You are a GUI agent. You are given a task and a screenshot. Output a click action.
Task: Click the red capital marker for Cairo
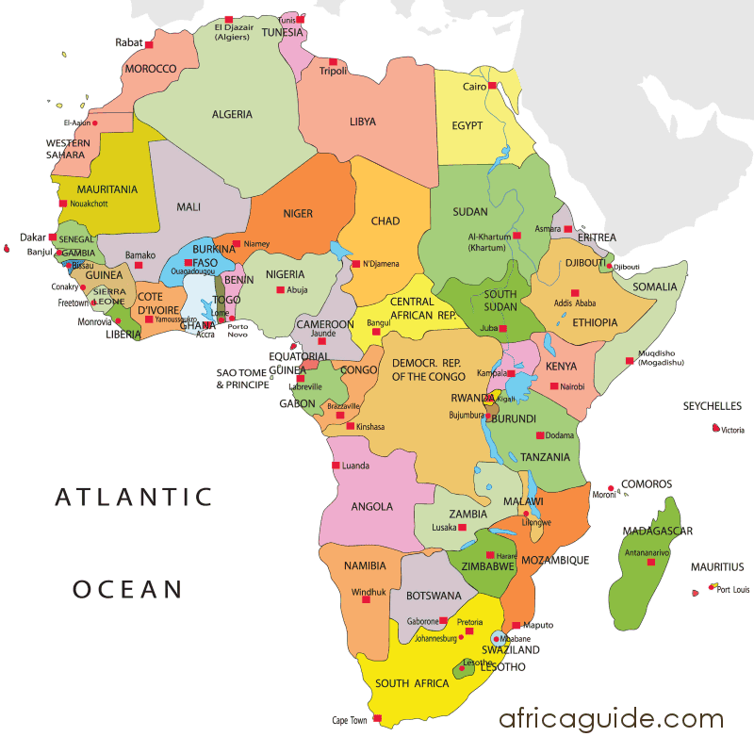[492, 86]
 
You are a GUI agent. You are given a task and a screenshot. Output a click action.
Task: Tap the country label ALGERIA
[232, 114]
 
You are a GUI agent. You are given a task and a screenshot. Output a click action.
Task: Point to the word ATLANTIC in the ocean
[134, 497]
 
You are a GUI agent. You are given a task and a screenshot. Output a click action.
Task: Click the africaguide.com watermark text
[612, 719]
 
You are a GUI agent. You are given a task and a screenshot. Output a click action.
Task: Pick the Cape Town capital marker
[377, 719]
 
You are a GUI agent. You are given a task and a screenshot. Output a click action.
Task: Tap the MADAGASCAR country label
[657, 532]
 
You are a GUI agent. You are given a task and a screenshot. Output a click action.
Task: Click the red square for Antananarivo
[650, 563]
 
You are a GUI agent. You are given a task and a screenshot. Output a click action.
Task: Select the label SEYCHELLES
[712, 406]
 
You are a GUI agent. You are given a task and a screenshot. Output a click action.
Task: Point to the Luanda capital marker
[335, 466]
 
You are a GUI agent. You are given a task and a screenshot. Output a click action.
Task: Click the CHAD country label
[385, 221]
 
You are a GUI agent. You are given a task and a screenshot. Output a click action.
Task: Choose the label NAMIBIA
[365, 565]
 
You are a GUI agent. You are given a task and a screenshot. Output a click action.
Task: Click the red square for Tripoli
[333, 62]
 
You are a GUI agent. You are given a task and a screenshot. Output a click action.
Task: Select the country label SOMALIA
[654, 286]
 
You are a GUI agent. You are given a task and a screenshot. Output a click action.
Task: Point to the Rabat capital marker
[148, 44]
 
